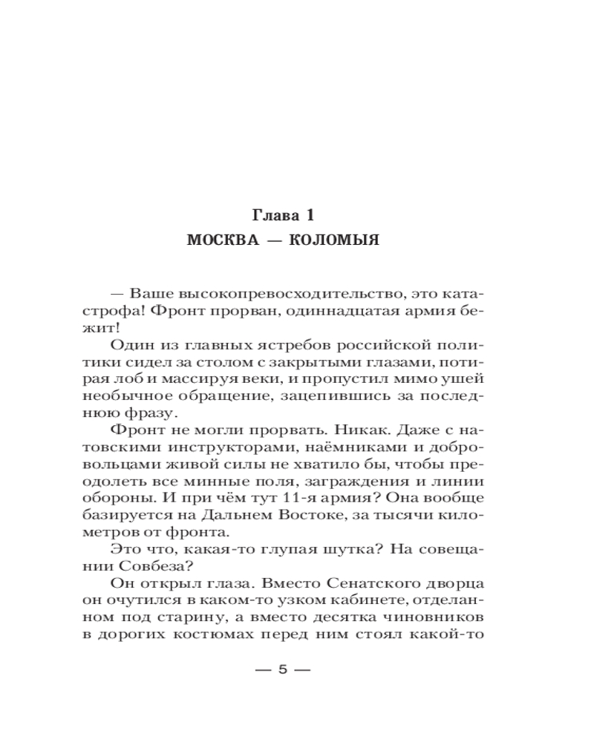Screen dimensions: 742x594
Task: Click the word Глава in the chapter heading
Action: pyautogui.click(x=275, y=216)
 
